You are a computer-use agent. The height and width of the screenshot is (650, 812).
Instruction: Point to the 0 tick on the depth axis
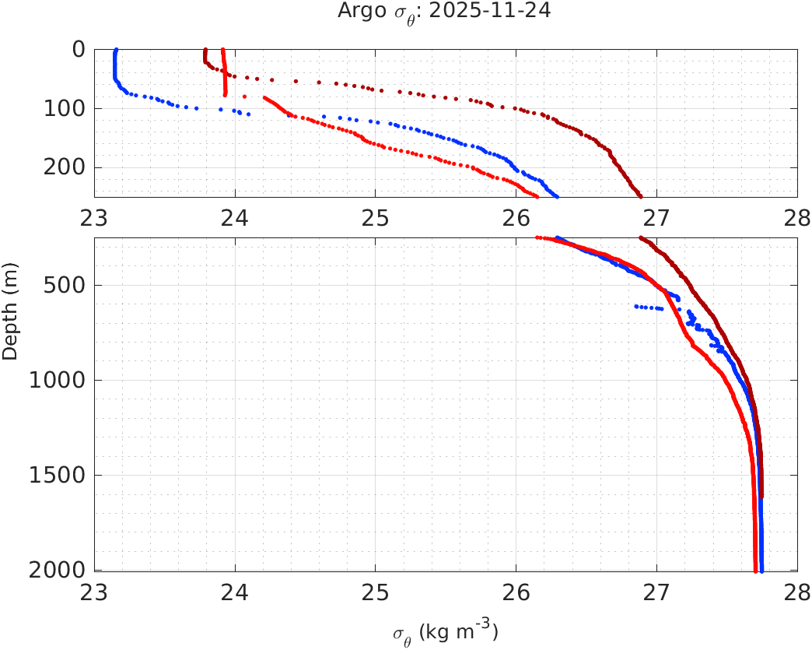[79, 49]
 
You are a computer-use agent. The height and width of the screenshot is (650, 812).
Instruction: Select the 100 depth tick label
[66, 108]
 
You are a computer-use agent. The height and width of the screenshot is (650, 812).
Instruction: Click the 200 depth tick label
[66, 167]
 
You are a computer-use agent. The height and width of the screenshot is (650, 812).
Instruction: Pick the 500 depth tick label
[66, 285]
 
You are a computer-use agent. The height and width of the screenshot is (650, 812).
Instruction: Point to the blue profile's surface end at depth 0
[116, 50]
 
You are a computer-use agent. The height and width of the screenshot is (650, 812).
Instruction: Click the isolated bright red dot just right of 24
[245, 97]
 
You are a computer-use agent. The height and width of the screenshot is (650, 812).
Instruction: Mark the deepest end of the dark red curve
[761, 496]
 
